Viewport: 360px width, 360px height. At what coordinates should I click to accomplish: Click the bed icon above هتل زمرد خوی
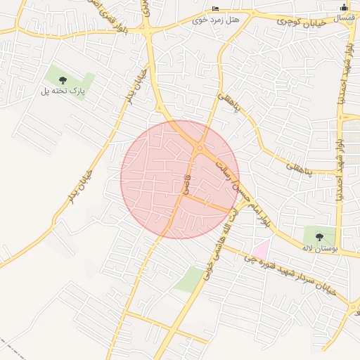(216, 8)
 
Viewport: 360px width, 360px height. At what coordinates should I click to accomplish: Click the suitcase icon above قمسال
(343, 7)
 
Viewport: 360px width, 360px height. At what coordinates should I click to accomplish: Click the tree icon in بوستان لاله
(320, 236)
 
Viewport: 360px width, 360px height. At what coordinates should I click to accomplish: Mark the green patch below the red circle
(188, 280)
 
